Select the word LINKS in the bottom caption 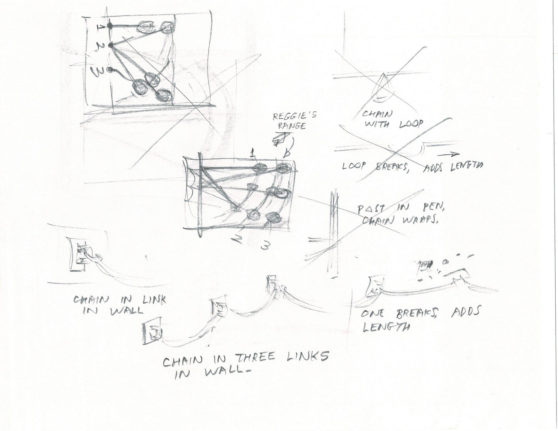click(x=304, y=357)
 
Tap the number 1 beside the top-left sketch click(x=100, y=27)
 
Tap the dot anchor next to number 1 click(x=110, y=26)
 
